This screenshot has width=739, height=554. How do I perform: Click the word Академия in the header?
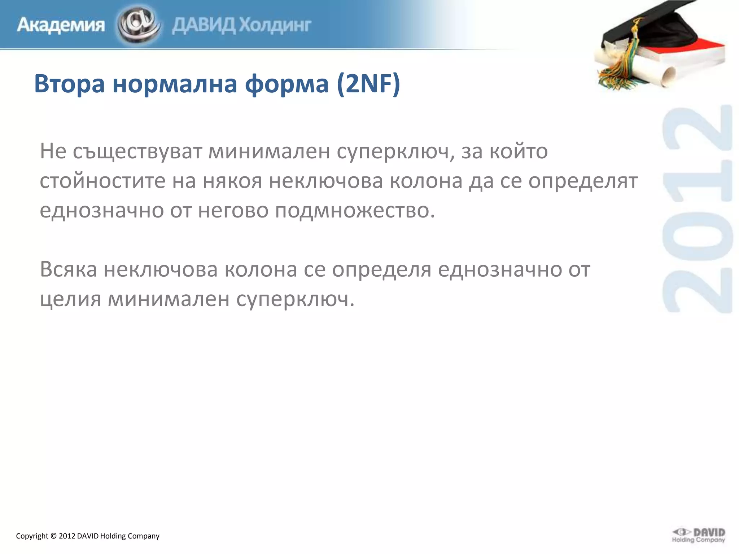[61, 25]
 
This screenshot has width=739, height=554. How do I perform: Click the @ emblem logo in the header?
[139, 25]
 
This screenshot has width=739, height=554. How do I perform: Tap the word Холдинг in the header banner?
[275, 25]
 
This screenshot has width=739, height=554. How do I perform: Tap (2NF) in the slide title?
[368, 84]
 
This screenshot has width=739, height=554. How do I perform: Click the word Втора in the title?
[69, 84]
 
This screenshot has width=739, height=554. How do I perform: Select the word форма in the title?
[287, 84]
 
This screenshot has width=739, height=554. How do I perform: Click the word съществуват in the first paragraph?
[137, 151]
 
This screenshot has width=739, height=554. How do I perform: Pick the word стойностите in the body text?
[102, 181]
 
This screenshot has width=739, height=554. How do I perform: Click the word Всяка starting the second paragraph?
[68, 269]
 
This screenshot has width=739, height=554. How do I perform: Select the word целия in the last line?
[70, 299]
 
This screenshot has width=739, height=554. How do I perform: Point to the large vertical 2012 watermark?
[698, 209]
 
